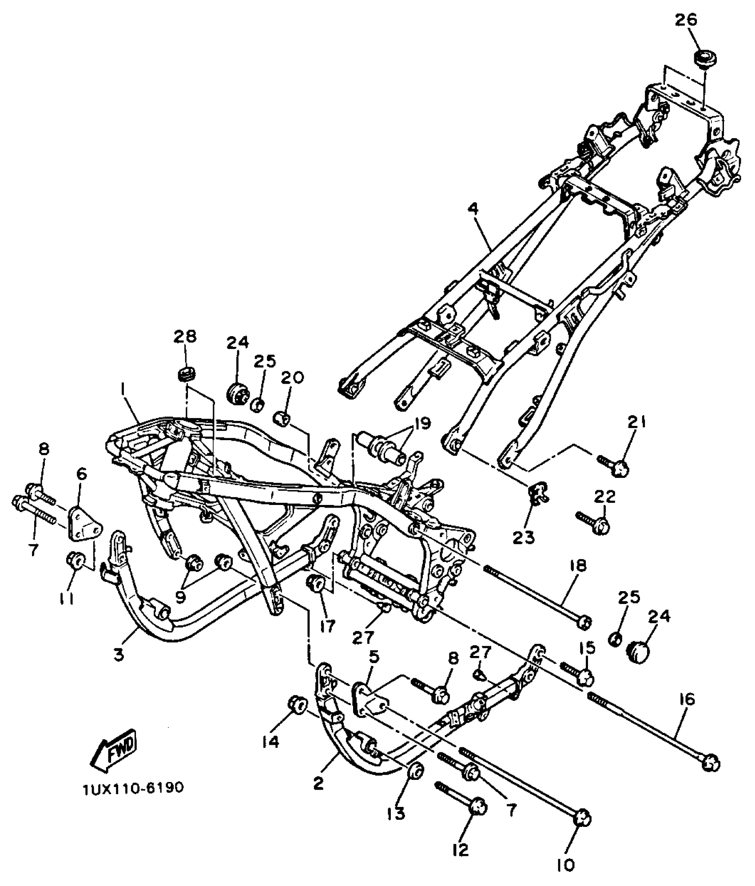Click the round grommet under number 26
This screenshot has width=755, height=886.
(705, 59)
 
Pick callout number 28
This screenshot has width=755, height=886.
(185, 336)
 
